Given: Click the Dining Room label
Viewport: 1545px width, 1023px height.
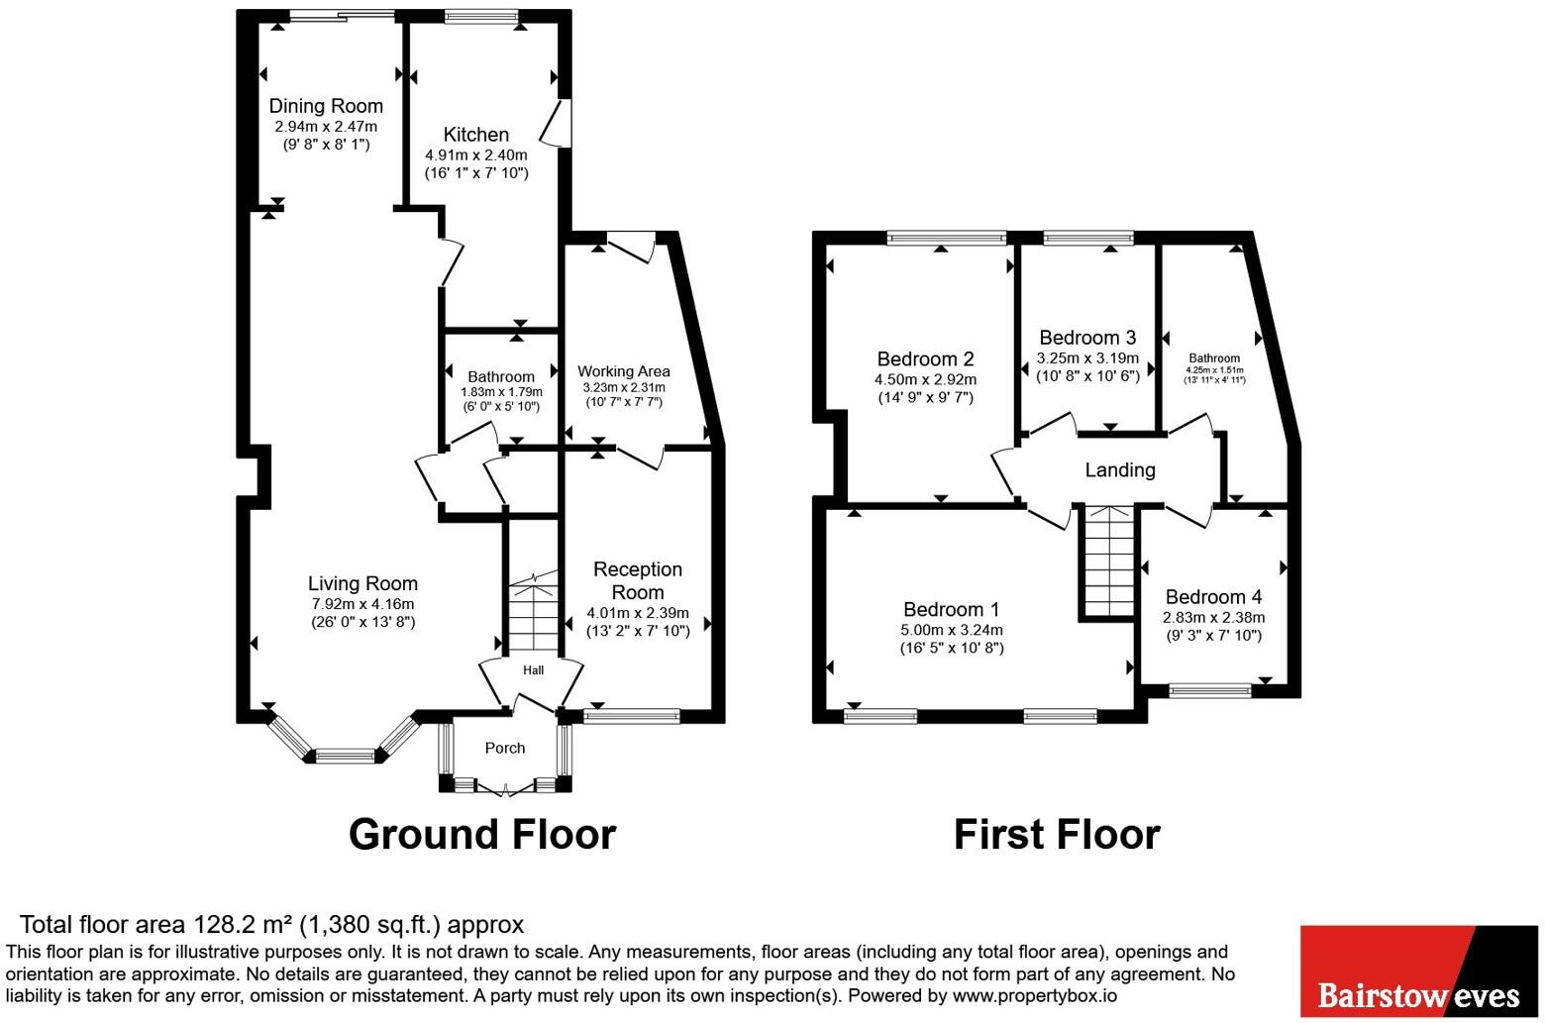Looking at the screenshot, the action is (326, 106).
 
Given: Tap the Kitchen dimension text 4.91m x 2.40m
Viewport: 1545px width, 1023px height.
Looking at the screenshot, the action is (476, 154).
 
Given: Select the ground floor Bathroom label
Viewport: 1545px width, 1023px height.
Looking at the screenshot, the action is (501, 376).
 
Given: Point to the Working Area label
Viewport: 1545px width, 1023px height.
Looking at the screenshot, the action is (624, 371).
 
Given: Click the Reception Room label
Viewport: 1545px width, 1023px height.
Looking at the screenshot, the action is (638, 581).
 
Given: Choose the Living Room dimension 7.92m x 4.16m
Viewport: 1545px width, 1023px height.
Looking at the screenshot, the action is (362, 604).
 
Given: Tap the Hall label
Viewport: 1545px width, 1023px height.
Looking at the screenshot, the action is (533, 669).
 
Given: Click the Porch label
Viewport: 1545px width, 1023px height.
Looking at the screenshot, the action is (505, 748).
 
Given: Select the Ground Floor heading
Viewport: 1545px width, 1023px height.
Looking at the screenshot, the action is (482, 834).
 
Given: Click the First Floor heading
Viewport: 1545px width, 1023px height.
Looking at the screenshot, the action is (1057, 834).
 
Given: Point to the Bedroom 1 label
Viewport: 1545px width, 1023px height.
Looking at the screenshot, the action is (951, 609).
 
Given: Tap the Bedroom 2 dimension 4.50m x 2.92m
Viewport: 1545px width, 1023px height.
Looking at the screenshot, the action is (926, 379).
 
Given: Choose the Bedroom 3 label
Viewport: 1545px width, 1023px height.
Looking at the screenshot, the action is (1087, 338).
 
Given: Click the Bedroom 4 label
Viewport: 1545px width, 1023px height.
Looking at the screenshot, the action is (1214, 597).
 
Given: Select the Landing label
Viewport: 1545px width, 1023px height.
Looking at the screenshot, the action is (1120, 469).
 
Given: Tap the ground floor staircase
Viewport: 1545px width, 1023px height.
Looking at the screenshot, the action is (533, 610).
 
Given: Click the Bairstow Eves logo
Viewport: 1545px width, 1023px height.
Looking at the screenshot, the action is (1419, 971).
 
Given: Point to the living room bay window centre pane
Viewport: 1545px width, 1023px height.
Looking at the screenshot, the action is (346, 756).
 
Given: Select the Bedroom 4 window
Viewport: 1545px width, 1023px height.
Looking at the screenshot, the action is (1210, 690).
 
